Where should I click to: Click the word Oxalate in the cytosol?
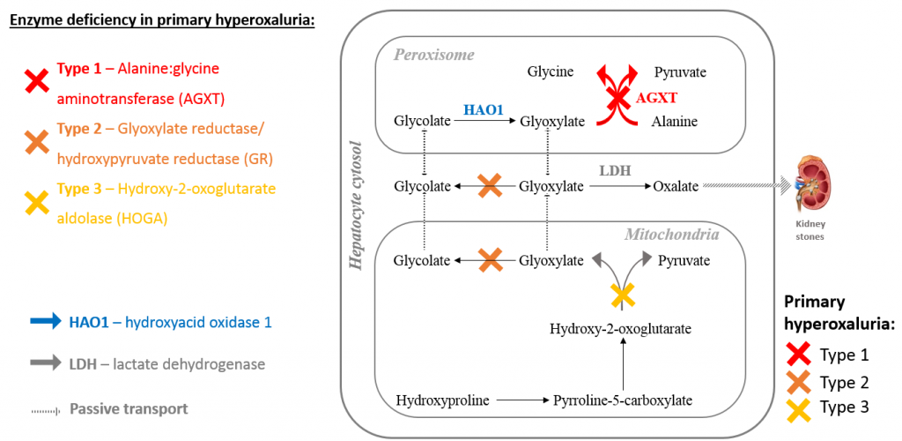676,186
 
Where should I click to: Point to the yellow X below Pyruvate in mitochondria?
623,295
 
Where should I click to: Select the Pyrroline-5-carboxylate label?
622,400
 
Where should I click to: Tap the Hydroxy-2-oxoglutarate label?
620,329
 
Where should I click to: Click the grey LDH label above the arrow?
615,168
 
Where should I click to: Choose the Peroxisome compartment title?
433,55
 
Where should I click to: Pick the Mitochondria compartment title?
671,235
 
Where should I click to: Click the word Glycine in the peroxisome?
551,72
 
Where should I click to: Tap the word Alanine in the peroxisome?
675,121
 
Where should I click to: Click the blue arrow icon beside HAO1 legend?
44,322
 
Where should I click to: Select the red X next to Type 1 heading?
36,83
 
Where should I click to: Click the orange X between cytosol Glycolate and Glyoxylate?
490,186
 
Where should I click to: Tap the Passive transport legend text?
129,409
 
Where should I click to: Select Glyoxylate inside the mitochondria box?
551,260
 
